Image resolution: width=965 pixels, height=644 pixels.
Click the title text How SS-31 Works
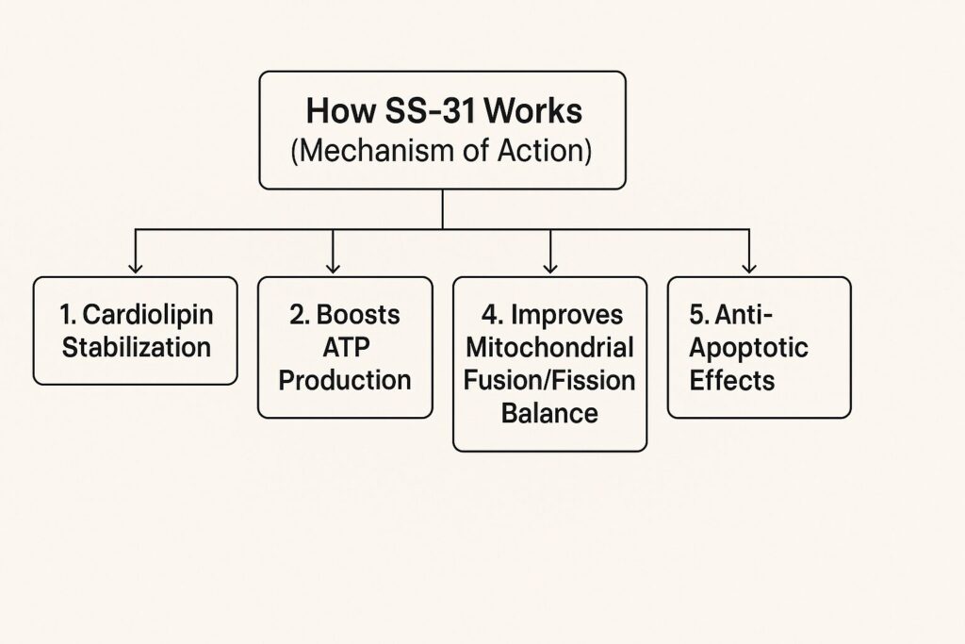point(443,111)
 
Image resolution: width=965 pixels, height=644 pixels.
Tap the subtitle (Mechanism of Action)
point(442,151)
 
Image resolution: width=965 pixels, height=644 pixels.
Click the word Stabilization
point(136,347)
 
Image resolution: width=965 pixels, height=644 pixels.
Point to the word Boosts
point(358,314)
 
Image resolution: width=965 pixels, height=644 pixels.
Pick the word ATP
point(345,347)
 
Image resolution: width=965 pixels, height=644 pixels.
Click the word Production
point(345,380)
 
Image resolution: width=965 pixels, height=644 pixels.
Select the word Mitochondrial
point(550,347)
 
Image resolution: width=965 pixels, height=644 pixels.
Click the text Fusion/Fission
point(550,380)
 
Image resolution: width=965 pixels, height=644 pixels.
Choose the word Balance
point(550,413)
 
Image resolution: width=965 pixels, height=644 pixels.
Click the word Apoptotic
point(748,347)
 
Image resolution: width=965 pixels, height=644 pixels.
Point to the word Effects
point(731,380)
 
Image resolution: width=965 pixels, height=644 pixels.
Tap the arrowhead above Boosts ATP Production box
point(334,268)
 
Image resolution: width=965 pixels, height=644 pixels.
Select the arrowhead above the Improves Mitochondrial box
point(550,268)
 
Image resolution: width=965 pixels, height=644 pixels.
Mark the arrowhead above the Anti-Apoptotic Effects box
point(749,268)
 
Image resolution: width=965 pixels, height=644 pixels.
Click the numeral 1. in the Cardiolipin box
point(69,314)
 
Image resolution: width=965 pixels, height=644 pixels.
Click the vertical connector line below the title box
point(442,208)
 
